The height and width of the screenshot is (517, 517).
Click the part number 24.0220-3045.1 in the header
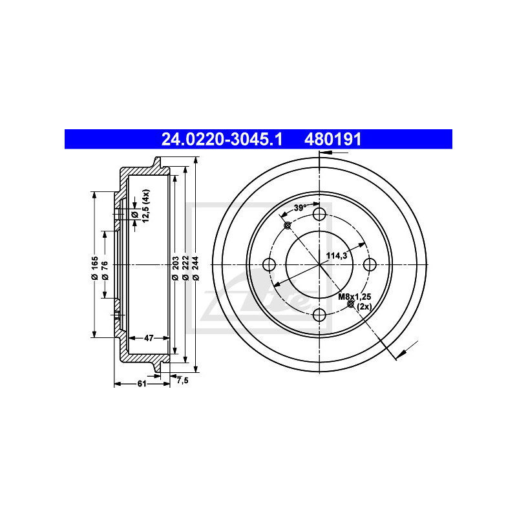pos(222,140)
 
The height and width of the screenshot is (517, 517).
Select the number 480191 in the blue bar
pos(333,140)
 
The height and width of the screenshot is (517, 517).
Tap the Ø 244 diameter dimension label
pos(196,268)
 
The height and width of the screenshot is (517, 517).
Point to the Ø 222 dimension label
pos(185,268)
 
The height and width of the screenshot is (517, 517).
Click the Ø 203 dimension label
pos(175,268)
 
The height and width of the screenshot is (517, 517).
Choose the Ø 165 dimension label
pos(95,268)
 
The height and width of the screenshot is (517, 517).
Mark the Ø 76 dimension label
pos(105,270)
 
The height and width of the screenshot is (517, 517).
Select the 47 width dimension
pos(149,338)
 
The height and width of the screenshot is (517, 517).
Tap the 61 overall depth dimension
pos(142,384)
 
